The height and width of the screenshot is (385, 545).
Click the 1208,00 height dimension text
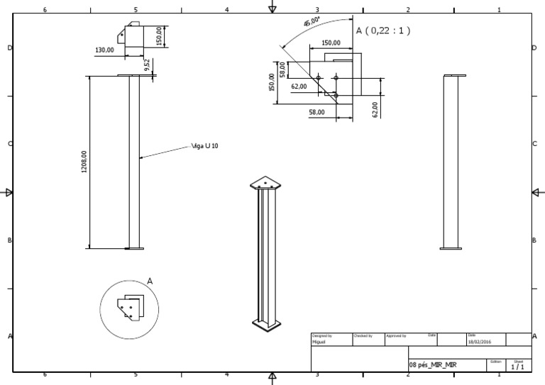click(x=84, y=163)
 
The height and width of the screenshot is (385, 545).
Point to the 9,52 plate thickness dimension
click(x=147, y=65)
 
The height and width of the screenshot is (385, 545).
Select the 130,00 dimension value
click(x=104, y=50)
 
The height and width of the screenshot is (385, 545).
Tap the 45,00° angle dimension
click(x=312, y=23)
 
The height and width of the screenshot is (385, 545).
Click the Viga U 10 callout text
click(x=205, y=147)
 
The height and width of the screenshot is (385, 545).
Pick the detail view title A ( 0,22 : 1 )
click(x=383, y=30)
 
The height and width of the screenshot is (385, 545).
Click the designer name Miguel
click(x=320, y=341)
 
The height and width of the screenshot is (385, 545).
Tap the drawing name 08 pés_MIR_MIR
click(x=433, y=364)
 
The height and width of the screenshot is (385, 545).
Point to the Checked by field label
click(x=363, y=335)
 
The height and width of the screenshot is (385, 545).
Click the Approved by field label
click(x=395, y=335)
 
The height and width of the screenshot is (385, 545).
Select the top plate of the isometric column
click(x=266, y=183)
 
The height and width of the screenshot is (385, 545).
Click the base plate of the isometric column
click(x=267, y=325)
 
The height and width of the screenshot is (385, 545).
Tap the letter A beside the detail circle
click(x=150, y=281)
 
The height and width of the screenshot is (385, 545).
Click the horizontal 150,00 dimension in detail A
click(x=331, y=43)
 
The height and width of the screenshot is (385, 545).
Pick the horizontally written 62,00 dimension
click(x=299, y=87)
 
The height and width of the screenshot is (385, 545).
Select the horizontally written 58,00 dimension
click(x=316, y=112)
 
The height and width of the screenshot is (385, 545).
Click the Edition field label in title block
click(x=495, y=360)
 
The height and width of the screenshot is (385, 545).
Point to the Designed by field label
click(x=322, y=335)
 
